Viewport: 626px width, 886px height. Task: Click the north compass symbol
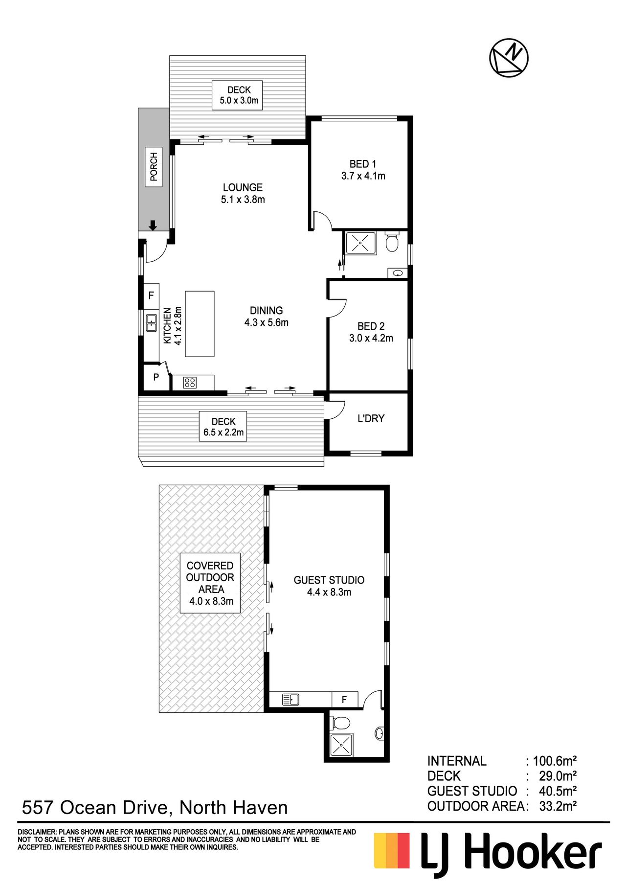point(509,57)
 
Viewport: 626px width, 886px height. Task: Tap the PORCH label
point(154,167)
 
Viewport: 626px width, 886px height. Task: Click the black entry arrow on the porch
point(153,226)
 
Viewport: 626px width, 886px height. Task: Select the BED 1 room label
point(363,170)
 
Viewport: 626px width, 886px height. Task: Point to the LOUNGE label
point(243,193)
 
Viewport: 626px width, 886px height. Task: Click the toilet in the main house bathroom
point(392,241)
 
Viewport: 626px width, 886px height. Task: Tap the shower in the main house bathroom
point(361,243)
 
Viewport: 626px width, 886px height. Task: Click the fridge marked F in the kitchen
point(151,295)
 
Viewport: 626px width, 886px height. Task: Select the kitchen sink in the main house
point(152,323)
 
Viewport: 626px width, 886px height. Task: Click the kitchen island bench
point(200,324)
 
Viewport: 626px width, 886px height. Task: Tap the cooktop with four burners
point(190,383)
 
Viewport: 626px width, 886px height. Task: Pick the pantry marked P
point(156,377)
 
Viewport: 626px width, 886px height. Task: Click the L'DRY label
point(371,418)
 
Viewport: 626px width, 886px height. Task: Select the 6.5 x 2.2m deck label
point(224,427)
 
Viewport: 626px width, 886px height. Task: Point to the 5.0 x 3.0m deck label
point(239,95)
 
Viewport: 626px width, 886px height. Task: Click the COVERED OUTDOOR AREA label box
point(210,583)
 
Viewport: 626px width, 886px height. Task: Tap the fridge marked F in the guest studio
point(345,700)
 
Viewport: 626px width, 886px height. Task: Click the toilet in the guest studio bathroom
point(340,723)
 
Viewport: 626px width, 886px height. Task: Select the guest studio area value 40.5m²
point(558,791)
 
